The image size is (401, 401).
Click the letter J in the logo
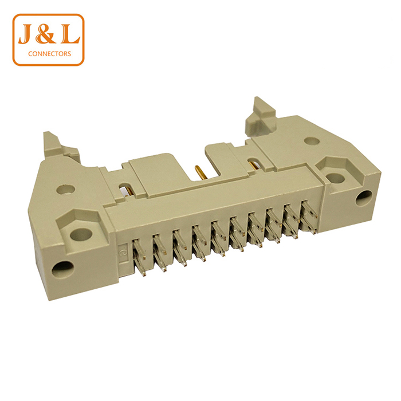(26, 34)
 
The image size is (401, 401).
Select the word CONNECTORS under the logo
(50, 54)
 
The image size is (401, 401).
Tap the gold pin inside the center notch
(199, 172)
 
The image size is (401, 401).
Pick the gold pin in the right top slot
(254, 164)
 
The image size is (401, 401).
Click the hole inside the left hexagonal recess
(81, 234)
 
